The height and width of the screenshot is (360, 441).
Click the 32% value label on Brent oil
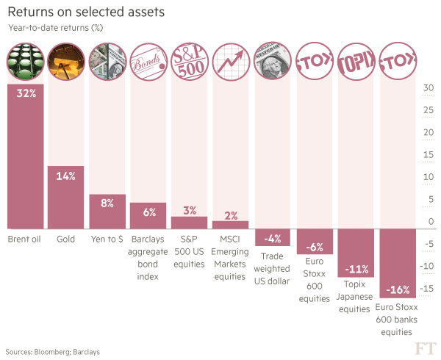26,93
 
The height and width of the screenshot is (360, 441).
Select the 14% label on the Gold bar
66,176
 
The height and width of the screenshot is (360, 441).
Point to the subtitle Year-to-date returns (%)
55,28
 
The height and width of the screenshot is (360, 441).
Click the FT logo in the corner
424,348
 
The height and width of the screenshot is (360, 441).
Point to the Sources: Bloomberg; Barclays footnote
53,353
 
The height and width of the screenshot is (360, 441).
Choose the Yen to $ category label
107,240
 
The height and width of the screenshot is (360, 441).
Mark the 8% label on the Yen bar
107,204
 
